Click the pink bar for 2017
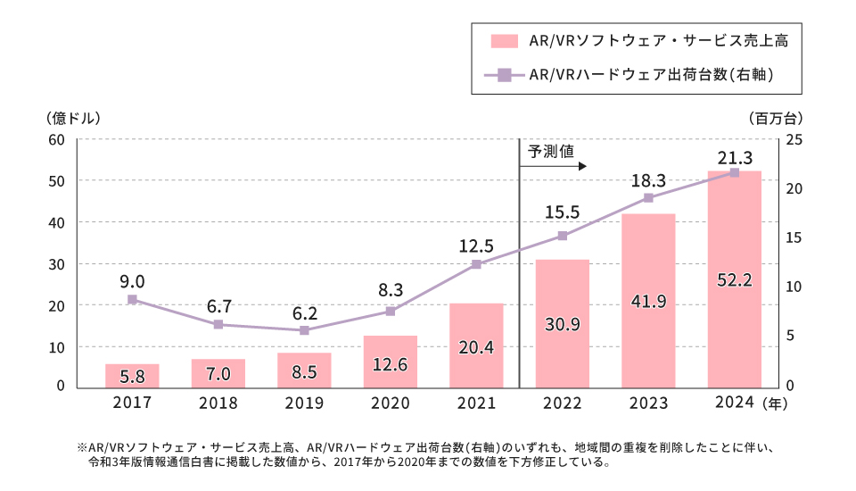point(132,375)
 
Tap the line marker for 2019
point(304,330)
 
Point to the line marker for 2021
point(476,264)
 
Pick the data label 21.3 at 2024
point(735,158)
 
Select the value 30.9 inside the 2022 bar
point(563,324)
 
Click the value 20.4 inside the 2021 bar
point(476,346)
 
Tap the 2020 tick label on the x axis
point(391,403)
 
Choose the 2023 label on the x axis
point(648,403)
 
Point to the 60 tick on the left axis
point(58,139)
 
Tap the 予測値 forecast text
point(550,152)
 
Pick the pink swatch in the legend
point(505,40)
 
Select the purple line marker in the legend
point(505,76)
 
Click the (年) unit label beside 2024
point(775,403)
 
